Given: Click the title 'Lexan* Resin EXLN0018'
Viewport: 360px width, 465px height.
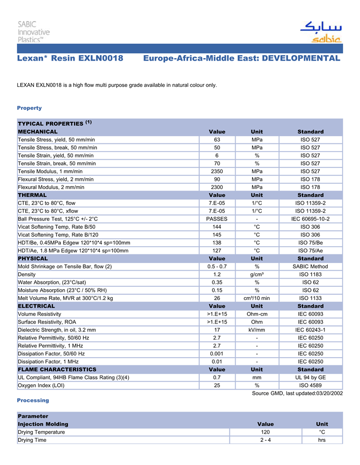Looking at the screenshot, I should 70,59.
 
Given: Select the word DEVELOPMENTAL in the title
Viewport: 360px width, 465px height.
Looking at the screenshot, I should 301,59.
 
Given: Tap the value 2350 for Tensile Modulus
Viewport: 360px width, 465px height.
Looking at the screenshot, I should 217,171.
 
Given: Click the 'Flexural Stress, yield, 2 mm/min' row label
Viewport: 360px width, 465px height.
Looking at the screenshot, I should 56,179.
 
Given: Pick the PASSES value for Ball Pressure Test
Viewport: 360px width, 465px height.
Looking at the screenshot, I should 217,219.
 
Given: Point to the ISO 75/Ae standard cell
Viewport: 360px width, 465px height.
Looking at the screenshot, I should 311,251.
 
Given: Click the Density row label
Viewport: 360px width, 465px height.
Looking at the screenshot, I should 27,274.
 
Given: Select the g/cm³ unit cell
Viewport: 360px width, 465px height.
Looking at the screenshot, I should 257,274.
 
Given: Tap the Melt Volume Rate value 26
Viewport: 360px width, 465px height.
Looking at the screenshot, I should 217,298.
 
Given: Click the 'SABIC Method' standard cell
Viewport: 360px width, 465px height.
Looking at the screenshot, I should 311,267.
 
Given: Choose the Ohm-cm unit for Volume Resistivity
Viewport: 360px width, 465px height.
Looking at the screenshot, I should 257,314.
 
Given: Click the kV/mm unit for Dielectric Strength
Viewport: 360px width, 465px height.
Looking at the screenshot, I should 257,330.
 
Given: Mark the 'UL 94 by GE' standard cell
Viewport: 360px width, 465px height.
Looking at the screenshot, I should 311,377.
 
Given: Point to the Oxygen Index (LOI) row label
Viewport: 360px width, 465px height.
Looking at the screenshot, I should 40,385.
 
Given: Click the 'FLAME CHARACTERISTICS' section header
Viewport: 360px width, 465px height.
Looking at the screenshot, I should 57,369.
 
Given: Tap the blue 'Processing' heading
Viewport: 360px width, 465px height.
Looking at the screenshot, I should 33,400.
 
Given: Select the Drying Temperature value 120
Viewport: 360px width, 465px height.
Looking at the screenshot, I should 265,432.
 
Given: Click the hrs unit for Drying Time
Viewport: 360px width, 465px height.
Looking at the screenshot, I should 322,440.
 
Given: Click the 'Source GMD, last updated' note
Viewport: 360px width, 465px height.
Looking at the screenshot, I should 297,394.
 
